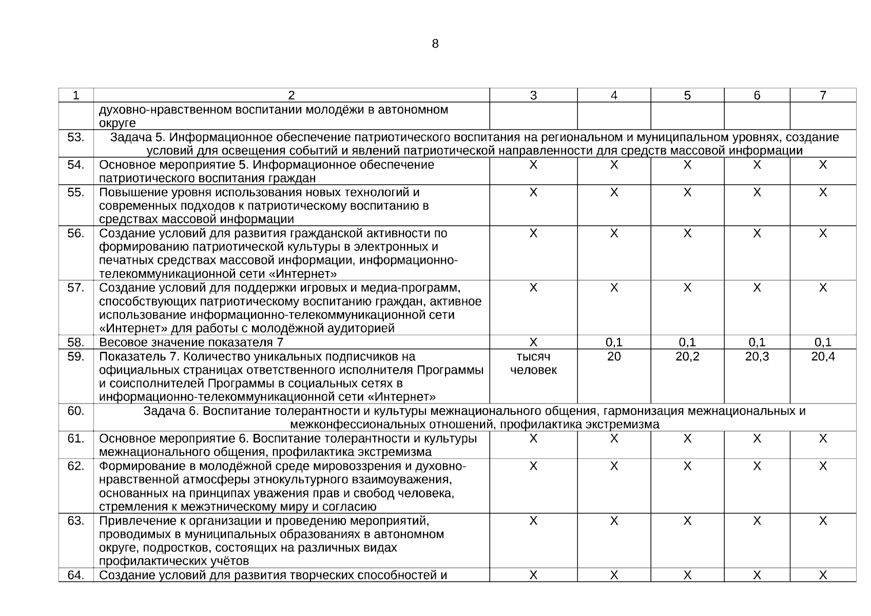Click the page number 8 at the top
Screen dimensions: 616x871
coord(435,44)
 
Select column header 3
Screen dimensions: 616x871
coord(533,95)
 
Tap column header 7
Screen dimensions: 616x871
coord(823,95)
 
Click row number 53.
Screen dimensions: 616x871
coord(76,138)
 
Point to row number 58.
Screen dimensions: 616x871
coord(76,342)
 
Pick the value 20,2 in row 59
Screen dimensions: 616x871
coord(687,357)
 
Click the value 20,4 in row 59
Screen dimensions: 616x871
coord(823,357)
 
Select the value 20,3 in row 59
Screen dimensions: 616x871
coord(757,357)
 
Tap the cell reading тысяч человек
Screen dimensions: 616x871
coord(533,363)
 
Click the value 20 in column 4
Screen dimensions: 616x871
coord(614,357)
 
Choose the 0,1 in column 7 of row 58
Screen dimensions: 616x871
coord(823,342)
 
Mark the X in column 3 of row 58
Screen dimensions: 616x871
coord(533,342)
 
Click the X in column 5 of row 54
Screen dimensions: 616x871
coord(687,165)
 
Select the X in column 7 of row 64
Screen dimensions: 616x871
coord(823,575)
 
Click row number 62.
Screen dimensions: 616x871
coord(76,466)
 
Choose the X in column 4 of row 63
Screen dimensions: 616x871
coord(614,521)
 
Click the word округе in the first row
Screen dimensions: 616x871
coord(118,123)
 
